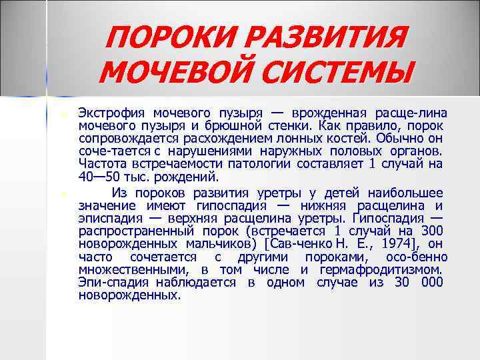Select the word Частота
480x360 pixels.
100,164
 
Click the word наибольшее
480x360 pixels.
407,192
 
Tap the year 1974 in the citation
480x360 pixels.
389,244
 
